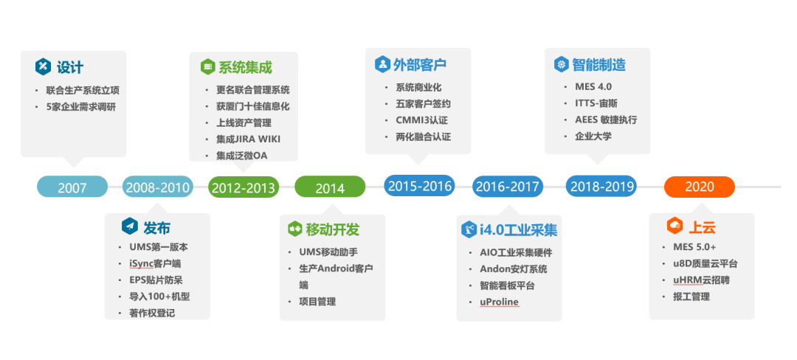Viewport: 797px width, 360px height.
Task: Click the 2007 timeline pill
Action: tap(72, 187)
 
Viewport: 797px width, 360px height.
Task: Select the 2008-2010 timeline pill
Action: tap(158, 187)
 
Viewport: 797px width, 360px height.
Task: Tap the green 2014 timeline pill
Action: tap(330, 187)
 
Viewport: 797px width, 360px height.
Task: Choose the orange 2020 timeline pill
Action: tap(699, 187)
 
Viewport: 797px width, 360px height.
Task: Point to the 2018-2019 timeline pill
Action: tap(601, 186)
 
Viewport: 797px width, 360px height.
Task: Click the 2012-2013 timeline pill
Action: tap(243, 187)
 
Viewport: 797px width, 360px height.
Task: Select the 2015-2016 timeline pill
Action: tap(419, 186)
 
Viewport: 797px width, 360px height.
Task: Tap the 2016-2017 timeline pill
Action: tap(508, 187)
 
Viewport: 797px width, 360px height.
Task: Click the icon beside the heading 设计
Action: tap(43, 66)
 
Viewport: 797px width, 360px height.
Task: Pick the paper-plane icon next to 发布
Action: tap(129, 226)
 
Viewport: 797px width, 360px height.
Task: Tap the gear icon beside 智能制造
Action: tap(561, 65)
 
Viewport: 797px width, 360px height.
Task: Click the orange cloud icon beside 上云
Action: tap(673, 226)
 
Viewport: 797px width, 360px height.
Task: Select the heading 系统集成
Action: tap(245, 67)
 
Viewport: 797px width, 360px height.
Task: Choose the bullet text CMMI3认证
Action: tap(421, 120)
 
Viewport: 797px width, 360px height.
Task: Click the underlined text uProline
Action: tap(494, 302)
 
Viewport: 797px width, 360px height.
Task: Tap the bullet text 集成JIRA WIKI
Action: tap(248, 139)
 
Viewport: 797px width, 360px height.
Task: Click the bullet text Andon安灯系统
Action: tap(508, 269)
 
